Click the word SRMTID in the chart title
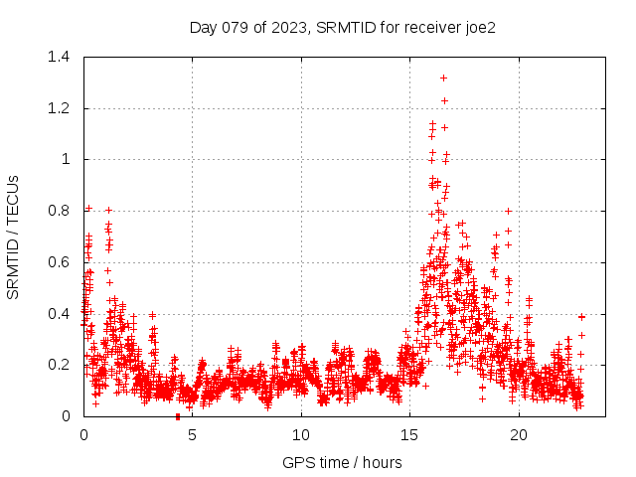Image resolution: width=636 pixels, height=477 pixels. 342,28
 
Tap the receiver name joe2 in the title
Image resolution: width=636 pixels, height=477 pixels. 478,28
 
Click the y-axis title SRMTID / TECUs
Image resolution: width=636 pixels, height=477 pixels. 14,237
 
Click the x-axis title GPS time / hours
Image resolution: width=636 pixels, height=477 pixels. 342,462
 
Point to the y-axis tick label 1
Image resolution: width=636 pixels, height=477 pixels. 66,159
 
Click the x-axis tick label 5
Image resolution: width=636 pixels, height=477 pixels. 193,434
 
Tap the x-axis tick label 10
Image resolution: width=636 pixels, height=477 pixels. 301,434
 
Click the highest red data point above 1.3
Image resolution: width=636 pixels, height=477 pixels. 443,78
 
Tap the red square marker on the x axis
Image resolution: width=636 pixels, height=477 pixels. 178,416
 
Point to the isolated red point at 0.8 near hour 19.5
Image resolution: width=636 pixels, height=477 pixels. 508,211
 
